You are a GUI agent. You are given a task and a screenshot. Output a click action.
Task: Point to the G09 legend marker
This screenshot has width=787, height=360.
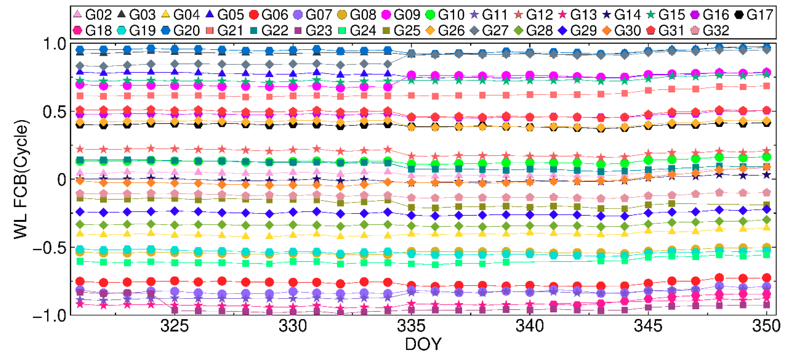coord(387,14)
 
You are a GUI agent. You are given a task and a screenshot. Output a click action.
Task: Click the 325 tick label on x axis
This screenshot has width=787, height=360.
coord(175,326)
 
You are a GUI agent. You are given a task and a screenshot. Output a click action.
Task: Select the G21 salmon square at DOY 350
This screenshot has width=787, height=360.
coord(766,86)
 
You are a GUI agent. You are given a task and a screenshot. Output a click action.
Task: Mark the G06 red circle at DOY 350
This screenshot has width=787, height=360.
coord(766,278)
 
